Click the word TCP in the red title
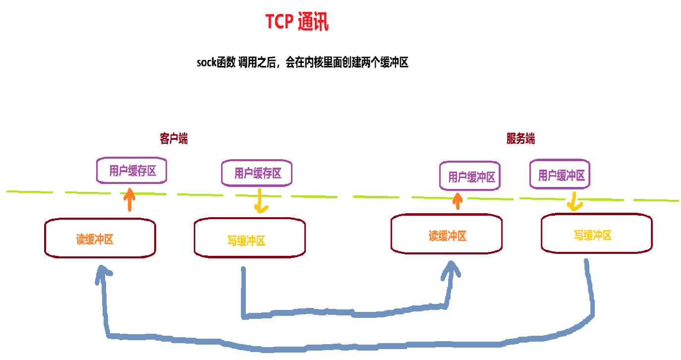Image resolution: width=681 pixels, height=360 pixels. tap(280, 21)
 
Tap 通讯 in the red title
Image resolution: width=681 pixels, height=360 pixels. tap(313, 21)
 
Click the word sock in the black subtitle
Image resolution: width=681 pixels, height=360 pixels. tap(206, 62)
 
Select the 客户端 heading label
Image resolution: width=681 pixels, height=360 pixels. tap(174, 139)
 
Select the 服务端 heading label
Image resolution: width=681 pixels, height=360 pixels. tap(521, 139)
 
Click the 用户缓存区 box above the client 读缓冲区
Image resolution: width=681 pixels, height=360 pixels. tap(132, 170)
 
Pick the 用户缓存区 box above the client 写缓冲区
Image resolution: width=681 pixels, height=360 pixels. tap(257, 173)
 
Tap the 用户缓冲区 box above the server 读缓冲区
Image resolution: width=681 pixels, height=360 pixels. tap(470, 176)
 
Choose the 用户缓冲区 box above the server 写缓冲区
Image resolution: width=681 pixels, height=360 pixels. tap(560, 174)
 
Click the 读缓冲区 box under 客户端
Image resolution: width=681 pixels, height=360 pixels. tap(100, 238)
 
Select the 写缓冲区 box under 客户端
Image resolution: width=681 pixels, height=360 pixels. tap(250, 238)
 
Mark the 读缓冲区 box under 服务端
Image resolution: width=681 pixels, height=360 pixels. tap(447, 234)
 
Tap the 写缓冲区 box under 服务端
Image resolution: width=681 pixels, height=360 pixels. tap(597, 233)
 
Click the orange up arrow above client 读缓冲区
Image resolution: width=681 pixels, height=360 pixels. tap(129, 199)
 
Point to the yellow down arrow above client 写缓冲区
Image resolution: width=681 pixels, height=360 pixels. tap(261, 201)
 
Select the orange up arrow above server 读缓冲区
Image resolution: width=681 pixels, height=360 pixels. tap(457, 201)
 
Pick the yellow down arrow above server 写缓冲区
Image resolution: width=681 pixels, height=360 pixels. tap(574, 201)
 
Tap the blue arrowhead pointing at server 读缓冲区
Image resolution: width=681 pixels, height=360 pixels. tap(451, 270)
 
